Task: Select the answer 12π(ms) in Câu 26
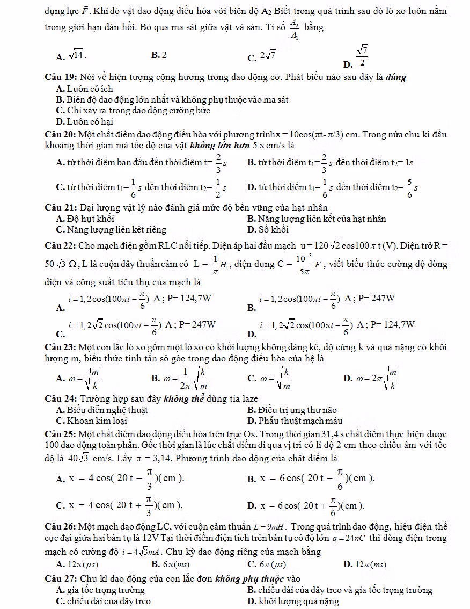coord(370,564)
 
